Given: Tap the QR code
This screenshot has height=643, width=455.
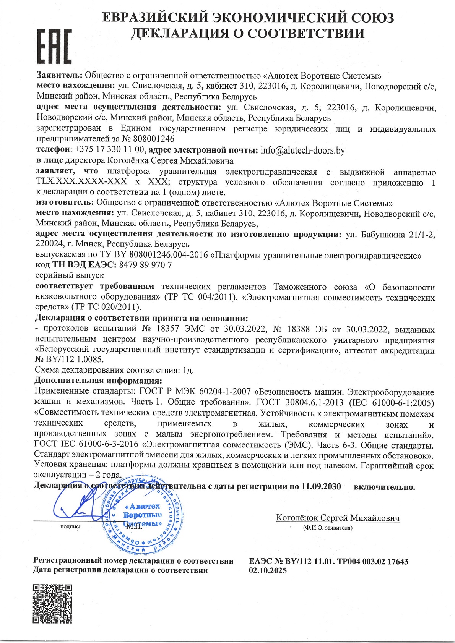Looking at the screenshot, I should coord(52,604).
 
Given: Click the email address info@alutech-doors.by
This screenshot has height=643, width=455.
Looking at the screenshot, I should coord(302,150).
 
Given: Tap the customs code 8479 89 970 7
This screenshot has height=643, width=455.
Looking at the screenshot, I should coord(146,265).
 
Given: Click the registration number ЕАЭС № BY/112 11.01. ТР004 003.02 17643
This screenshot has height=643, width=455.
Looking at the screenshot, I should coord(328,561).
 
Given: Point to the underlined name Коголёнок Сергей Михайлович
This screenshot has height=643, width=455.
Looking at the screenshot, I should coord(338,518).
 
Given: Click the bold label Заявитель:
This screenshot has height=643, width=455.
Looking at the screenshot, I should coord(59,75).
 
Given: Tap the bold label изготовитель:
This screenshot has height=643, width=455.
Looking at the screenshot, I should coord(65,202).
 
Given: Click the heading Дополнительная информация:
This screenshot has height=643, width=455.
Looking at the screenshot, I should coord(98,381).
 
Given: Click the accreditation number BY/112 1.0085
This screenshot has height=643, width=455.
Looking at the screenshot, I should coord(73,360).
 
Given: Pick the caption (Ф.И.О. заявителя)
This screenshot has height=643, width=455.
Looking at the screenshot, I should coord(327,528).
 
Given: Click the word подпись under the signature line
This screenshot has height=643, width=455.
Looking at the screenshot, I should coord(71,526).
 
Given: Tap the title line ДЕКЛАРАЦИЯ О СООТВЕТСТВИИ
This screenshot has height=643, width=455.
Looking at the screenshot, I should coord(248,34).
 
